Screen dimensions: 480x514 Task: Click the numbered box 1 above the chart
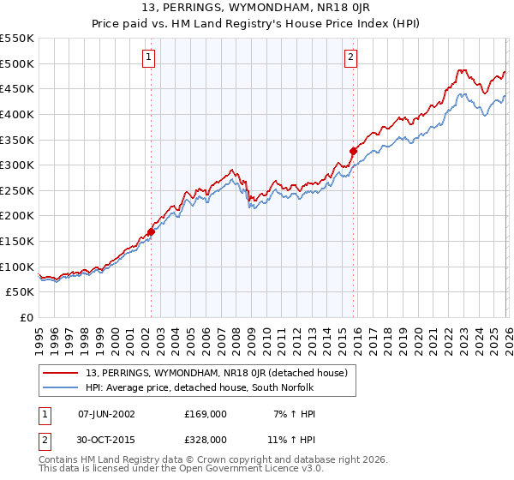coord(149,57)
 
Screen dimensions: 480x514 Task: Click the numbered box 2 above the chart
coord(351,57)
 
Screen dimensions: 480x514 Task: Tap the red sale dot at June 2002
coord(151,231)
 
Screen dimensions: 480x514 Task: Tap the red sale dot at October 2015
coord(353,151)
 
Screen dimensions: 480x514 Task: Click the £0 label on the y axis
coord(27,318)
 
